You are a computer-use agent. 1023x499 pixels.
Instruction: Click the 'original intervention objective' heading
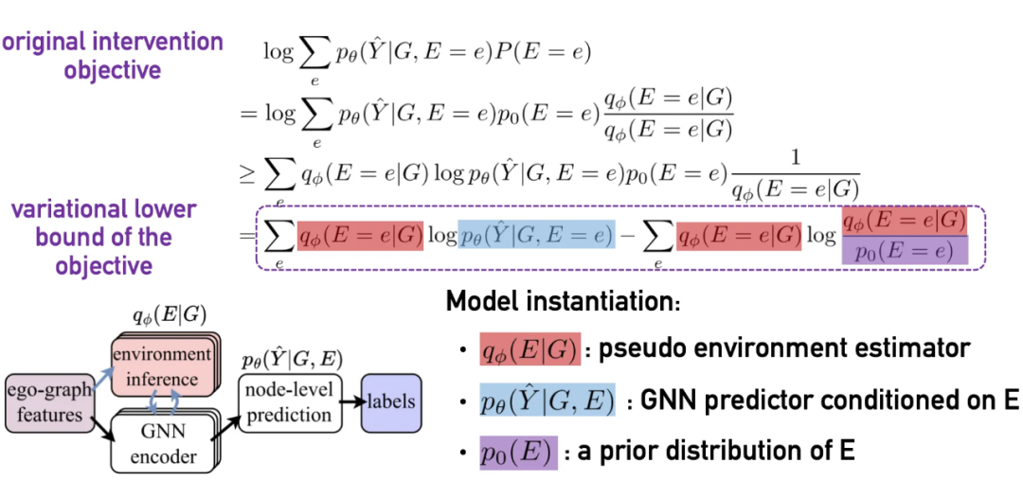(114, 56)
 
